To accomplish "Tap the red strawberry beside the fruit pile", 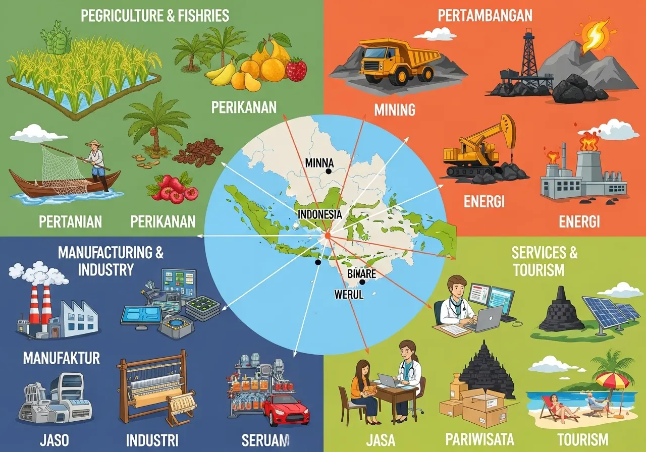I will tap(296, 69).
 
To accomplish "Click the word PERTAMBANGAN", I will tap(484, 15).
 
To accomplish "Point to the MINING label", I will tap(395, 109).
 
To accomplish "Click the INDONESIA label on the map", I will tap(320, 214).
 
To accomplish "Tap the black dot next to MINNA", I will tap(329, 172).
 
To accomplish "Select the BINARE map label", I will tap(362, 274).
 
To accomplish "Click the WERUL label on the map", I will tap(349, 294).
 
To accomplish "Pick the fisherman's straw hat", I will tap(94, 144).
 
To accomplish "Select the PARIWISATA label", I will tap(480, 438).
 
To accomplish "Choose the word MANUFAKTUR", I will tap(61, 358).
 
